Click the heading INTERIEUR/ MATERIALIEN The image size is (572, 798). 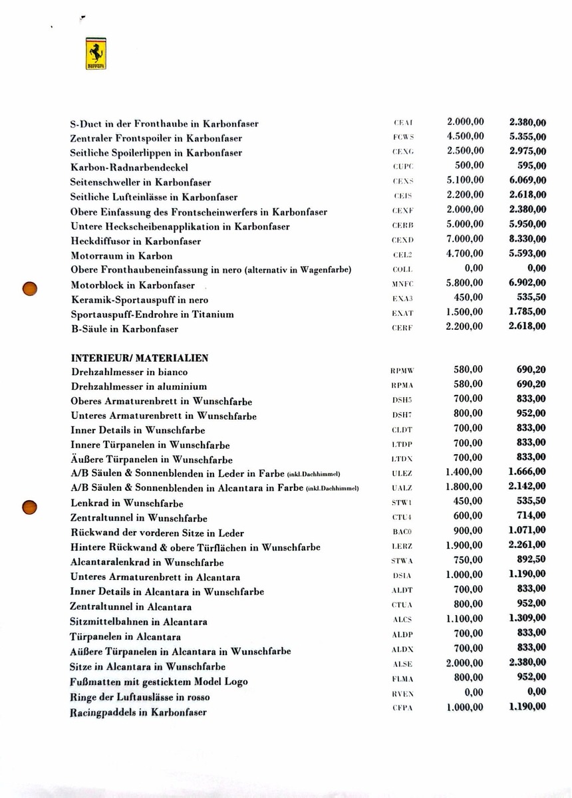coord(139,358)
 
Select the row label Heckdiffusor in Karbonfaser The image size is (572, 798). coord(136,241)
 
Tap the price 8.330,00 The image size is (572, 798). coord(527,239)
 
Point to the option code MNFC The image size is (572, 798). coord(403,284)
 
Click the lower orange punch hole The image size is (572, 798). coord(29,507)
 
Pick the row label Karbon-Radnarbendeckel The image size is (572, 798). coord(129,168)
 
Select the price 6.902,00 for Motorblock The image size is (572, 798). coord(527,283)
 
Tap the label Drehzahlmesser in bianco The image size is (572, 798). coord(129,372)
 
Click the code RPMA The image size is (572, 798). coord(403,386)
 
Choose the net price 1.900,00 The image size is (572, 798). coord(465,545)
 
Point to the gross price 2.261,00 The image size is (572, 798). coord(527,545)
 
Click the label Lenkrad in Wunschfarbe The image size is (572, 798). coord(126,503)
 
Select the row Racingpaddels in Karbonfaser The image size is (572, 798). coord(138,712)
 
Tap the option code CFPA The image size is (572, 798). coord(403,708)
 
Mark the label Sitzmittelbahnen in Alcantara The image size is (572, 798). coord(138,622)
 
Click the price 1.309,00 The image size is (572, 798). coord(527,618)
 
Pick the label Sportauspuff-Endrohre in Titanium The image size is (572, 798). coord(152,314)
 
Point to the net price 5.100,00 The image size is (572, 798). coord(465,180)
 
